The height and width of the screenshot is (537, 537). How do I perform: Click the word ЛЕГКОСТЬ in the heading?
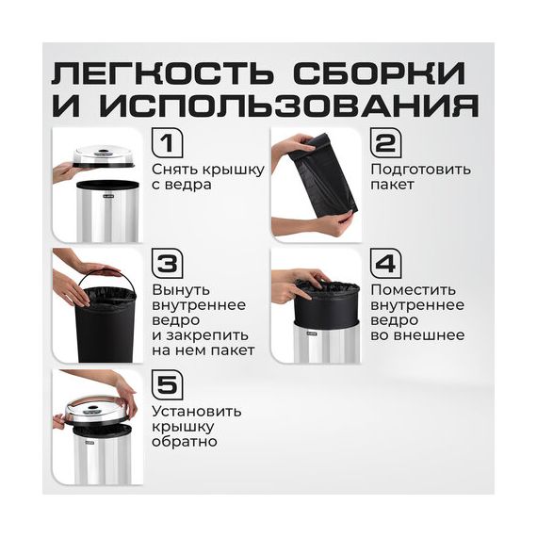click(163, 73)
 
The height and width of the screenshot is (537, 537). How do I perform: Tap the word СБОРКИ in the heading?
click(380, 73)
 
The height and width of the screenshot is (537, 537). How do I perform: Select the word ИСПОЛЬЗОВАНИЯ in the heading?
click(288, 106)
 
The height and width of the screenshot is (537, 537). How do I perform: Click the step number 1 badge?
click(168, 143)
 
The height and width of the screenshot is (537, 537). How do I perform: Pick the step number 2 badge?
click(386, 143)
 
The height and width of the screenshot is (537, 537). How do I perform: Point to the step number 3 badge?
click(168, 264)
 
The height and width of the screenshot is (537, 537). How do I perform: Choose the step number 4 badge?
click(386, 264)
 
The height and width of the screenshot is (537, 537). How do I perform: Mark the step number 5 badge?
click(168, 385)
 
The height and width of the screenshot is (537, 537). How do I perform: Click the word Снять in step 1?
click(174, 170)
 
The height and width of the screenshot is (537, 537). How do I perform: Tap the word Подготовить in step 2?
click(421, 170)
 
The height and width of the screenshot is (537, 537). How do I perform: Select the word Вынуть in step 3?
click(181, 290)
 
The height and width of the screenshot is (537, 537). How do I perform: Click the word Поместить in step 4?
click(414, 290)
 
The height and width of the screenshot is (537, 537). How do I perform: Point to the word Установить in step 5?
click(197, 412)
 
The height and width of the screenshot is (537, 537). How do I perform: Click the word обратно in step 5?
click(185, 442)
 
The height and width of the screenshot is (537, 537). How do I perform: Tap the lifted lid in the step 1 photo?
click(104, 157)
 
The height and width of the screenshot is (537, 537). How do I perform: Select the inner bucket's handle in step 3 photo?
click(100, 276)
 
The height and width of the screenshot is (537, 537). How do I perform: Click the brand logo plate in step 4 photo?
click(312, 334)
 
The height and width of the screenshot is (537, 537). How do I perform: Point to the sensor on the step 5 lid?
click(95, 409)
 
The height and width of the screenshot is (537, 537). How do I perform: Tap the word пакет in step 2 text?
click(393, 185)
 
